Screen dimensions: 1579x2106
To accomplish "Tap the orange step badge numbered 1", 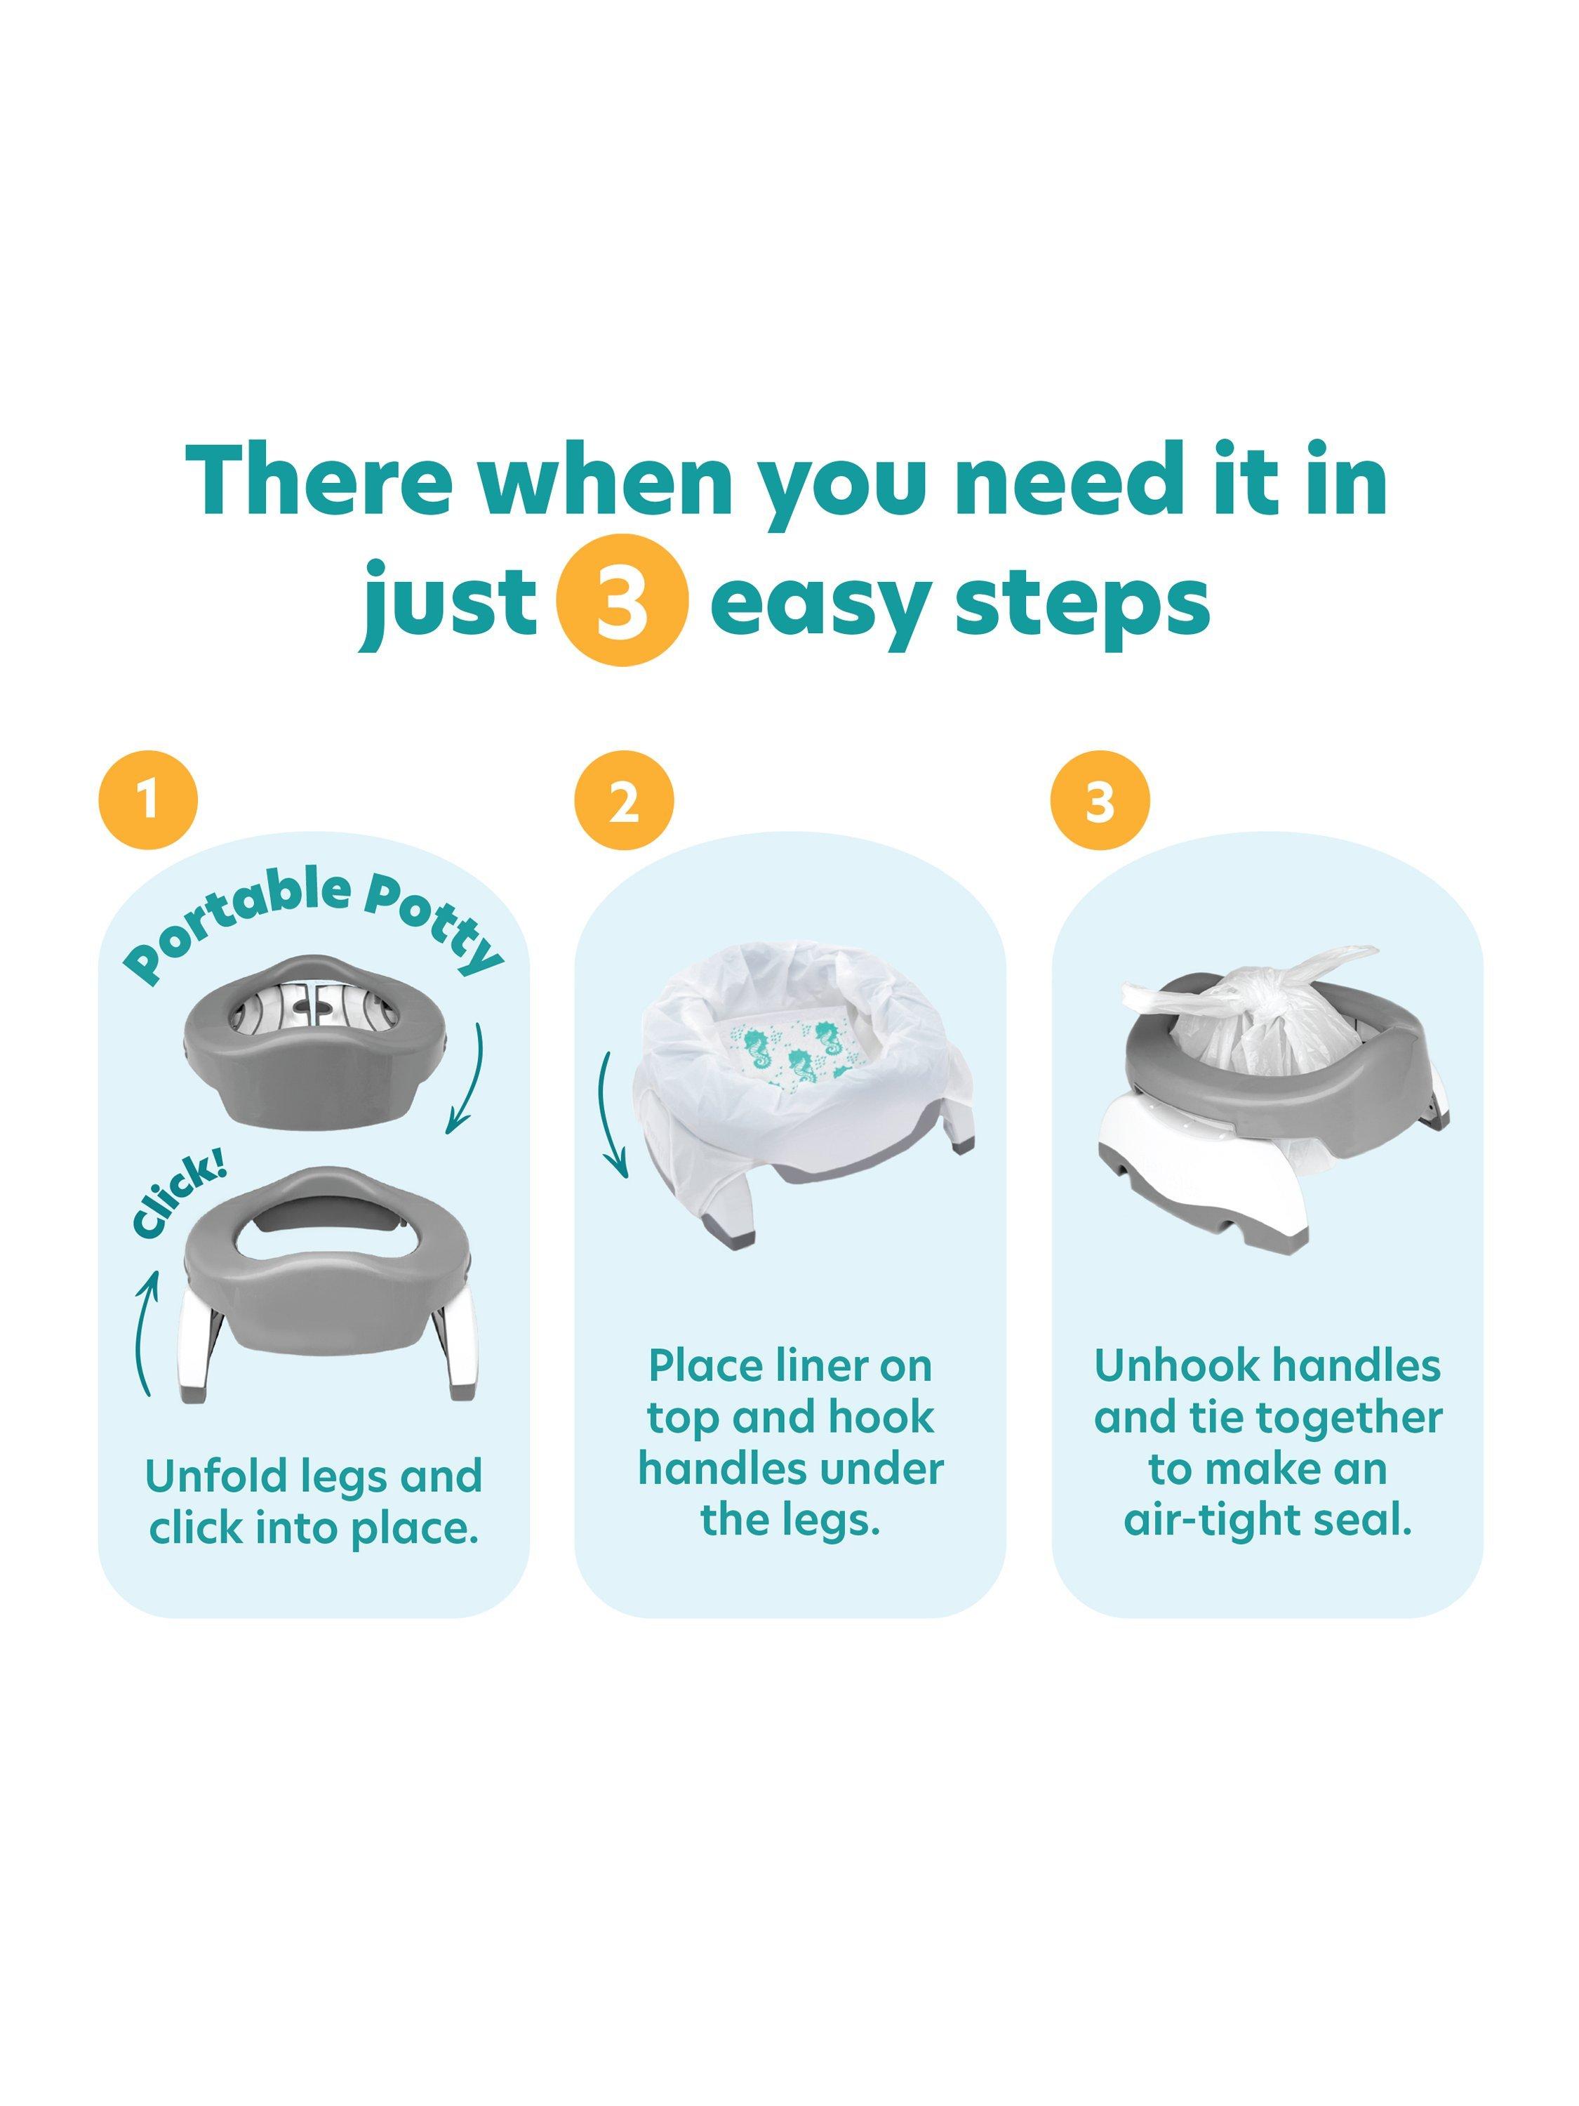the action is [147, 801].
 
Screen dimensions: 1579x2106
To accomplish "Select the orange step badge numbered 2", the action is [623, 801].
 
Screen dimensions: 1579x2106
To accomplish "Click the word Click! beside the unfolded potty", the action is [178, 1198].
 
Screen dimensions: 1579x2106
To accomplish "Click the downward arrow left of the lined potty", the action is [609, 1111].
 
